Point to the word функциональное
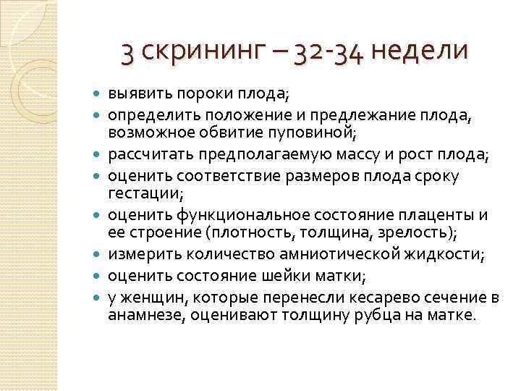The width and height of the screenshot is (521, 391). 247,215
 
